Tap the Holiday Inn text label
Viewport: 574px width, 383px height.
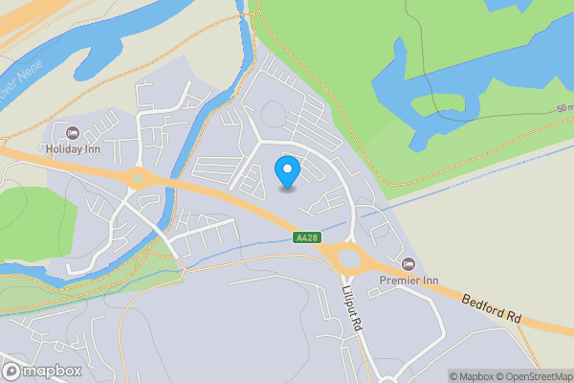[72, 148]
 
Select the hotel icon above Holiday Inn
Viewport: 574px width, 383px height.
[72, 131]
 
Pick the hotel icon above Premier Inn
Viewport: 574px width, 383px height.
[409, 263]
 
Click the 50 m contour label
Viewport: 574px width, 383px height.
[563, 109]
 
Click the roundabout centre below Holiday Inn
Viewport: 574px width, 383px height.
[138, 177]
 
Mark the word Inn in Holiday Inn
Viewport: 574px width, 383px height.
[93, 148]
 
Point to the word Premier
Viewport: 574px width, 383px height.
[398, 280]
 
